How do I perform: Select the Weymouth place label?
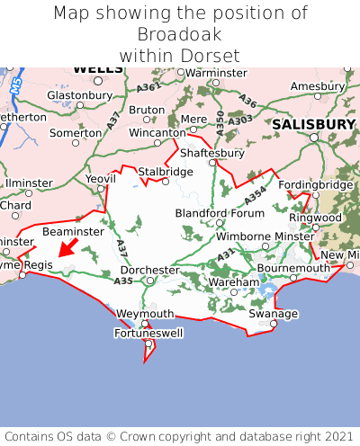pos(145,314)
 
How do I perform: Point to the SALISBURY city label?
pos(315,123)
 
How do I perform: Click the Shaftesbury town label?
pos(213,153)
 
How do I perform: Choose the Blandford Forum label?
pos(220,213)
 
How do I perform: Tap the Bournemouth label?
pos(293,268)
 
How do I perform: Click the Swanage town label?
pos(273,314)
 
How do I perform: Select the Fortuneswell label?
pos(148,334)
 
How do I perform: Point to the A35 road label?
pos(123,281)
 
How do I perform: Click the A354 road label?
pos(256,192)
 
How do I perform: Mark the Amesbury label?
pos(317,85)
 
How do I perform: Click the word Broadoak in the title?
pos(180,34)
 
